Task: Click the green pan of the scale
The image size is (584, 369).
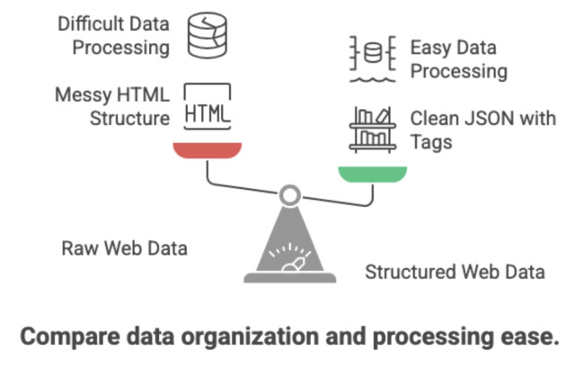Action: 371,172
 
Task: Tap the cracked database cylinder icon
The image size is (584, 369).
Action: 208,35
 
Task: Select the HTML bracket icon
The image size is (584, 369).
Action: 208,107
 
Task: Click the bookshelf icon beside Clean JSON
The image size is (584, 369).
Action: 372,128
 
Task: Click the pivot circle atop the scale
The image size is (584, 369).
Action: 289,194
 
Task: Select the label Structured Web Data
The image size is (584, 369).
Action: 455,272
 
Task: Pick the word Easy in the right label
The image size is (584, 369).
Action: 429,47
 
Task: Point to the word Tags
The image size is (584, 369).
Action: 430,141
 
